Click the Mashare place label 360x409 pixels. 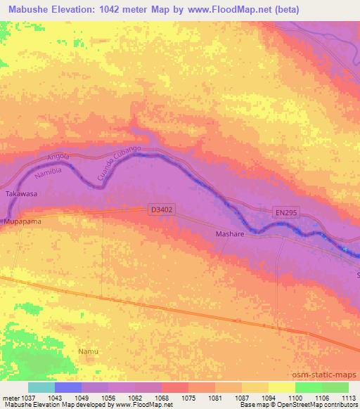(230, 235)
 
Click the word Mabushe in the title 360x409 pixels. (33, 10)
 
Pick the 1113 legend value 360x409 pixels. (347, 397)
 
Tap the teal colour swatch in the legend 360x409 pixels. (41, 387)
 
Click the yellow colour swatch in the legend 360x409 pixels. (281, 387)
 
